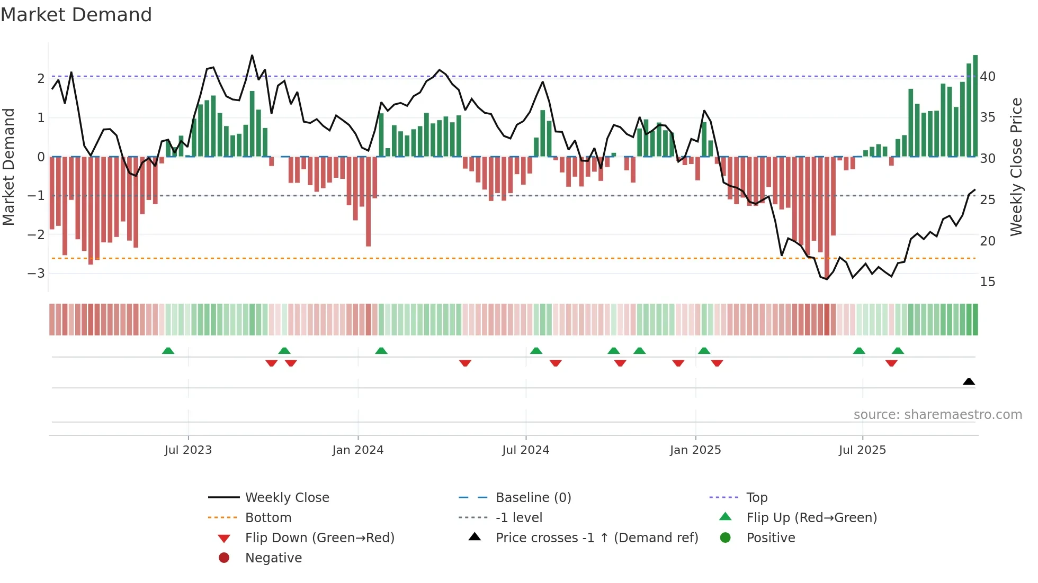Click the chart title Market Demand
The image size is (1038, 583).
point(76,15)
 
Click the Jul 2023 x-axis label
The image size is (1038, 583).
point(188,450)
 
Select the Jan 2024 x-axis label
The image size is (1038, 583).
point(358,450)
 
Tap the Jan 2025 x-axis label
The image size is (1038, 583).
point(695,450)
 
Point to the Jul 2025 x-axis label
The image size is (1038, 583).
point(862,450)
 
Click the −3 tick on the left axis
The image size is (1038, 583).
point(36,274)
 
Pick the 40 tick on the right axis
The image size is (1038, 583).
point(988,77)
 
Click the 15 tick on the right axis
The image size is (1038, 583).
point(988,282)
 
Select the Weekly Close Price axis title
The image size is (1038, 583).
point(1016,167)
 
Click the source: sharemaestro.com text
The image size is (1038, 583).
point(937,415)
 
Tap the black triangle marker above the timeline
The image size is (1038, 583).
point(969,381)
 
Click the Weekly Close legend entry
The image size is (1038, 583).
point(287,498)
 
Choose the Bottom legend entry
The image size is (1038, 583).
point(268,518)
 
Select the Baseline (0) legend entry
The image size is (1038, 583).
point(533,498)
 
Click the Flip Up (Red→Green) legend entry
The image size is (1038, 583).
point(811,518)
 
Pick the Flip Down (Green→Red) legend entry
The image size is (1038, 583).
point(319,538)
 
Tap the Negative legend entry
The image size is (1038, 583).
point(273,558)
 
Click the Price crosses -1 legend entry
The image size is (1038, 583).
point(597,538)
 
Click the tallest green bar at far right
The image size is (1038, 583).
point(975,106)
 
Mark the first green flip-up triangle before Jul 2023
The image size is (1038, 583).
point(168,351)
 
